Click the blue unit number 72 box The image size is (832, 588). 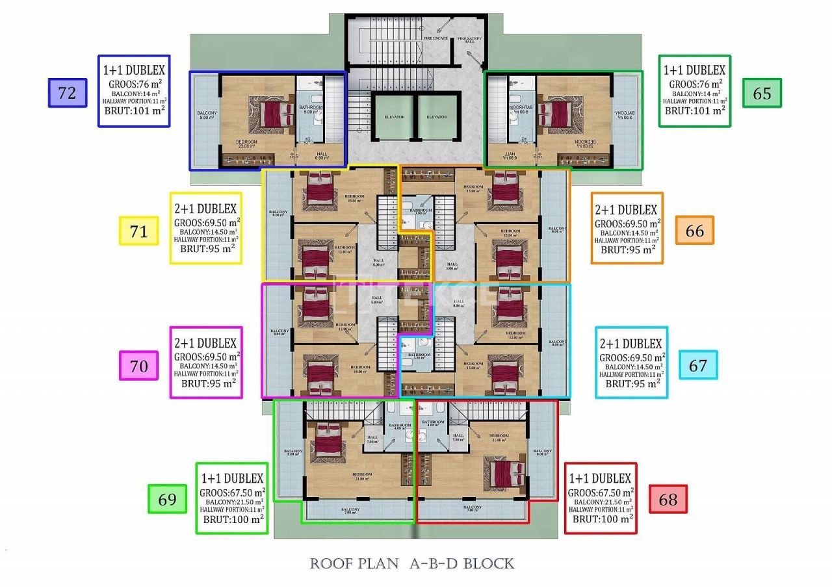click(68, 92)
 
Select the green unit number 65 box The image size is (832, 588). click(762, 93)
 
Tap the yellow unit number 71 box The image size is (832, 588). click(139, 231)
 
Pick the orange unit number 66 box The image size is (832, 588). click(694, 231)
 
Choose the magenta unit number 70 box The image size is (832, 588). click(138, 366)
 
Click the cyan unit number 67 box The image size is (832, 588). click(697, 365)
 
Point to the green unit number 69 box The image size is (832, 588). click(168, 499)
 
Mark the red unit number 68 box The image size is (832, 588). click(668, 499)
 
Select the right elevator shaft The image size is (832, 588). click(436, 117)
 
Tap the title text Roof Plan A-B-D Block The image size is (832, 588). click(411, 563)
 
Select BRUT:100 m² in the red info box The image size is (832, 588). click(602, 518)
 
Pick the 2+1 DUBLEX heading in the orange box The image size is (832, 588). click(627, 210)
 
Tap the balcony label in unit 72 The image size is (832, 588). click(206, 115)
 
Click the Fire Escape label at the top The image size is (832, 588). click(435, 38)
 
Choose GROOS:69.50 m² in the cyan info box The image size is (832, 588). click(632, 357)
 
